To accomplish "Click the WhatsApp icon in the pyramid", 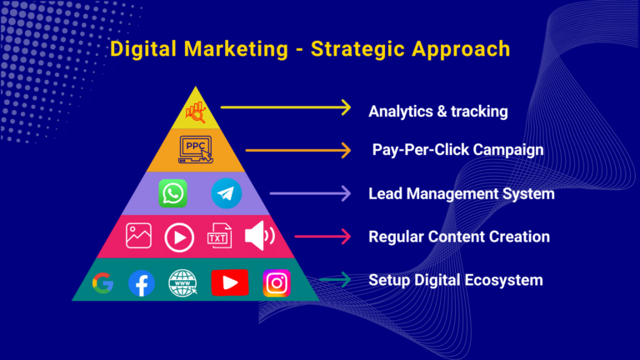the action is (173, 193).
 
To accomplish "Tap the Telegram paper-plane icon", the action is (227, 193).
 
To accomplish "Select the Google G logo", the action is (102, 282).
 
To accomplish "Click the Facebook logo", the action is (142, 283).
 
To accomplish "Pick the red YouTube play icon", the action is (230, 282).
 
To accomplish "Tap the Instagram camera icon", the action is (277, 282).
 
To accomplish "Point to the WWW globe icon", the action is (182, 282).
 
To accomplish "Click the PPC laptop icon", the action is (196, 150).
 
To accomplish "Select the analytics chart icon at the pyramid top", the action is (196, 112).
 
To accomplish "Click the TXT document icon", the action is (220, 236).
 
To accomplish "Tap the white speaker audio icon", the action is (260, 236).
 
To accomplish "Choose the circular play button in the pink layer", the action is (179, 237).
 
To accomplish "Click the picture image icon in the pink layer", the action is (139, 236).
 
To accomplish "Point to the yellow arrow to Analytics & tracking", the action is (286, 107).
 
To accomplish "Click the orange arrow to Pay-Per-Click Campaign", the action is (298, 150).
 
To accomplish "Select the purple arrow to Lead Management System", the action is (310, 193).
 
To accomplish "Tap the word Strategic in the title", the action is (357, 49).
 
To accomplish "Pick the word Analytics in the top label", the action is (401, 112).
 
